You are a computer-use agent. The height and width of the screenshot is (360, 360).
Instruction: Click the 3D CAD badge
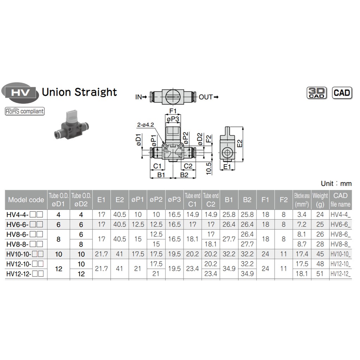317,93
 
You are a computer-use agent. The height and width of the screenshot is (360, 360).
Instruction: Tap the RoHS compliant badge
25,111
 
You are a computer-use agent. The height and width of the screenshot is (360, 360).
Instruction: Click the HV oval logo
20,93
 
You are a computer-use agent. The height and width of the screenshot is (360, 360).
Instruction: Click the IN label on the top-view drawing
139,97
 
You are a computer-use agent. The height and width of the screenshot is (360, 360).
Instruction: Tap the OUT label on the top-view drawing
206,97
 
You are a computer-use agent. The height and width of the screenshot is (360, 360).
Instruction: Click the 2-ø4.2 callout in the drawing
146,125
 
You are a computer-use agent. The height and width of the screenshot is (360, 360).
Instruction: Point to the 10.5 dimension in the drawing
208,169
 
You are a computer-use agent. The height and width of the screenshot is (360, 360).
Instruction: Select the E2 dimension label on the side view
239,143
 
